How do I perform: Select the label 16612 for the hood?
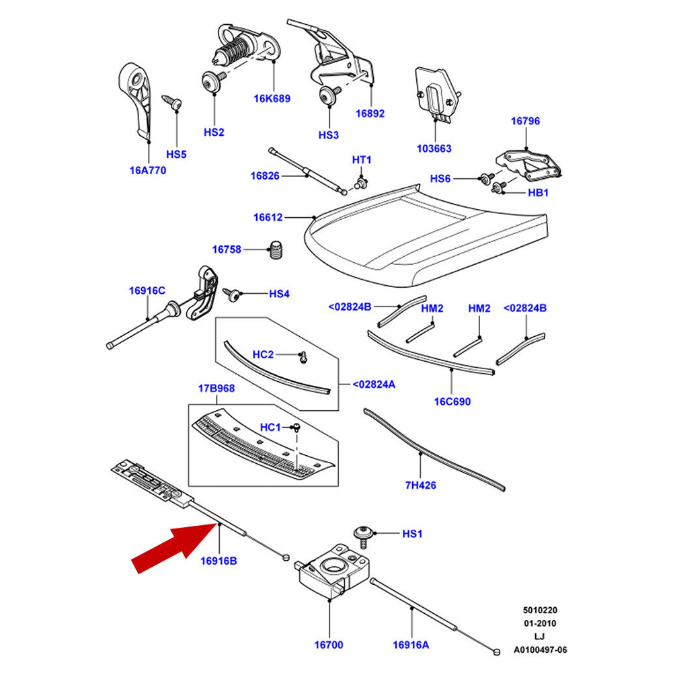pyautogui.click(x=268, y=218)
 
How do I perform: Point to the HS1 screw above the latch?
pyautogui.click(x=362, y=535)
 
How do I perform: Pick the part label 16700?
pyautogui.click(x=329, y=645)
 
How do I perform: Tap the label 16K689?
pyautogui.click(x=272, y=99)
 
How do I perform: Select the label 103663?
pyautogui.click(x=434, y=149)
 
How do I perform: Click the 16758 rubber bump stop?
pyautogui.click(x=276, y=250)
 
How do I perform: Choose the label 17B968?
pyautogui.click(x=216, y=389)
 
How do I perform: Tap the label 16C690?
pyautogui.click(x=452, y=401)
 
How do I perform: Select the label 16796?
pyautogui.click(x=525, y=122)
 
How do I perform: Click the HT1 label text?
pyautogui.click(x=362, y=160)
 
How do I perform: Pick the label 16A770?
pyautogui.click(x=147, y=170)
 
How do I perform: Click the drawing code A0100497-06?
pyautogui.click(x=540, y=650)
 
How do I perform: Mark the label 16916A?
pyautogui.click(x=411, y=645)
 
